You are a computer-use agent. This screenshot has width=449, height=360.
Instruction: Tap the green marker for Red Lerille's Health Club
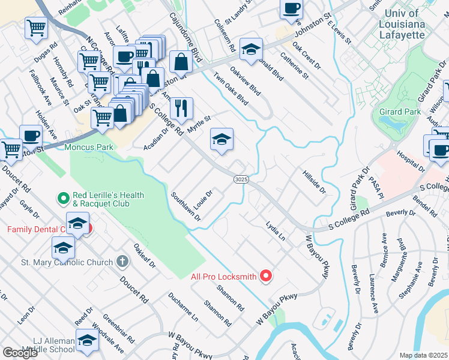click(x=63, y=197)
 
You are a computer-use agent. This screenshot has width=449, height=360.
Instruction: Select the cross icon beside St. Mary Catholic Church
click(x=122, y=262)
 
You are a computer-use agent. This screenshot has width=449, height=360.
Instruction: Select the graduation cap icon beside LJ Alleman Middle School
click(x=87, y=341)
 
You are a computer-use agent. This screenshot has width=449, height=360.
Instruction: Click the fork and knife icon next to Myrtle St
click(x=181, y=108)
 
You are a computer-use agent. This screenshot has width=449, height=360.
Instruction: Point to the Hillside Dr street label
click(x=313, y=181)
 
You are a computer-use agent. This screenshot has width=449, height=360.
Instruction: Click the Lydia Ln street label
click(x=276, y=231)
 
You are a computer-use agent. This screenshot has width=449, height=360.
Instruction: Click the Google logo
click(x=20, y=353)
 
